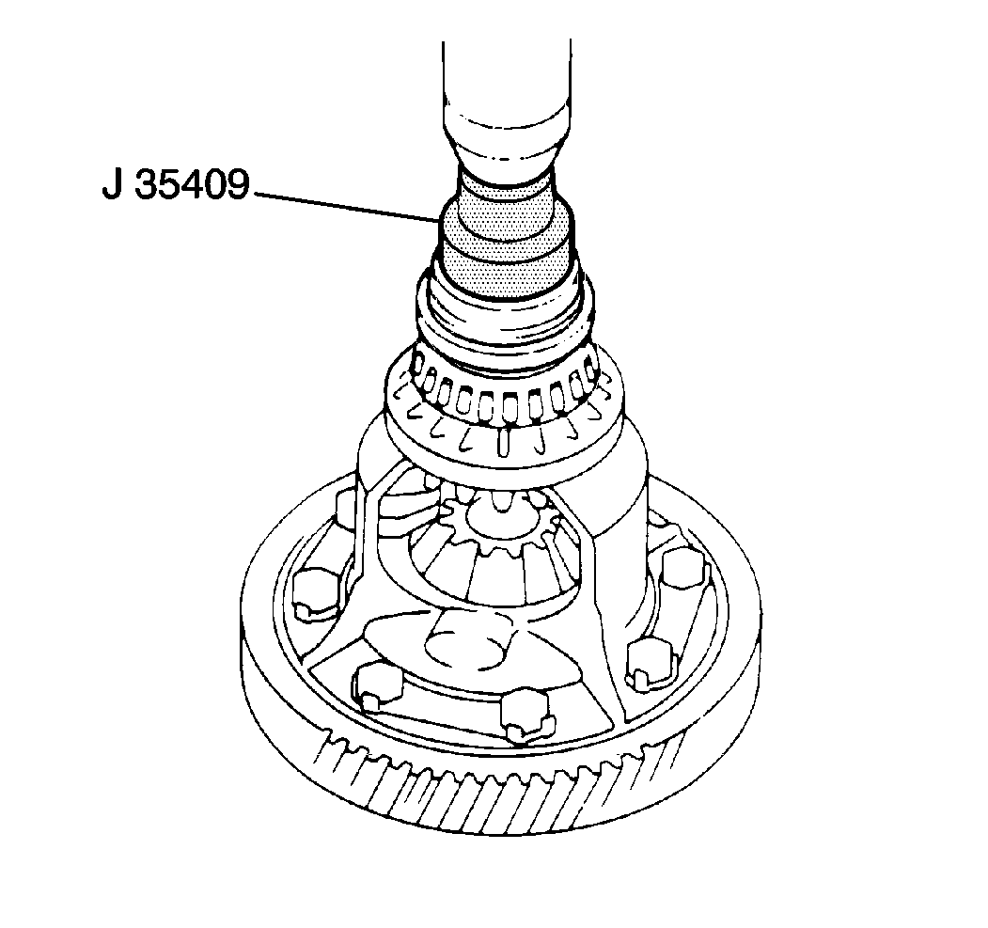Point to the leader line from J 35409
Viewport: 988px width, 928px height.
click(x=348, y=207)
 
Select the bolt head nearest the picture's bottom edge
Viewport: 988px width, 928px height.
click(x=524, y=715)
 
